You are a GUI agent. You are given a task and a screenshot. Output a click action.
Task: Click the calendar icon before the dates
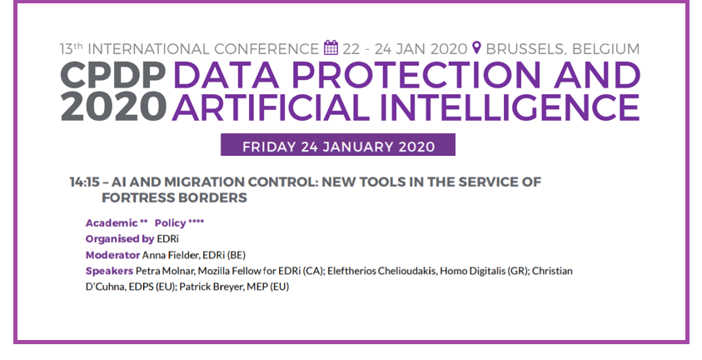[x=331, y=47]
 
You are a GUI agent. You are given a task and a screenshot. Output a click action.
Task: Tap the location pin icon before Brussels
[x=477, y=47]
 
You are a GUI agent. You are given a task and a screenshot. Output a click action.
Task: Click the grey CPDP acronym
[x=112, y=75]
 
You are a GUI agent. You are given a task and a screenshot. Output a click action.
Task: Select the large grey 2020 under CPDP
[x=113, y=107]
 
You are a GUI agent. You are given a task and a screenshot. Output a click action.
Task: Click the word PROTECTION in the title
[x=416, y=75]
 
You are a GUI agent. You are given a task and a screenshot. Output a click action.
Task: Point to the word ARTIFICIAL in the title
[x=271, y=107]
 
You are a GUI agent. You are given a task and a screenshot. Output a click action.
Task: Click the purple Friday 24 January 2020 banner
[x=338, y=145]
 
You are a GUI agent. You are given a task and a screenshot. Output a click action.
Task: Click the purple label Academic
[x=112, y=223]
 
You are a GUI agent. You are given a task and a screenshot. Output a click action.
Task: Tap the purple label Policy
[x=170, y=223]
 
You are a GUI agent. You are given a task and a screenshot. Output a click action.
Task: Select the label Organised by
[x=120, y=239]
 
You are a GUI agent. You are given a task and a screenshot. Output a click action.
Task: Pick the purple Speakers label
[x=109, y=272]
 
